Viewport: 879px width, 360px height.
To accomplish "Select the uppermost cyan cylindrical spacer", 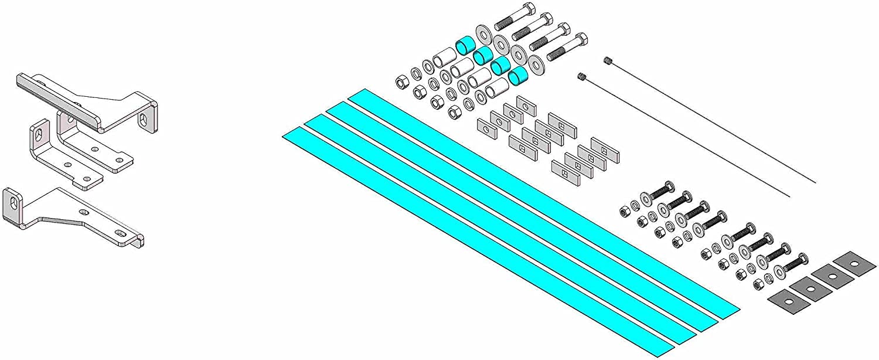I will click(x=466, y=43).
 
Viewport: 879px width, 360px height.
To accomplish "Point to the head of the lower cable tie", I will click(x=582, y=76).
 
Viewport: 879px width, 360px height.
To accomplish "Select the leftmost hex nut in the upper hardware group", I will click(x=401, y=80).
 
